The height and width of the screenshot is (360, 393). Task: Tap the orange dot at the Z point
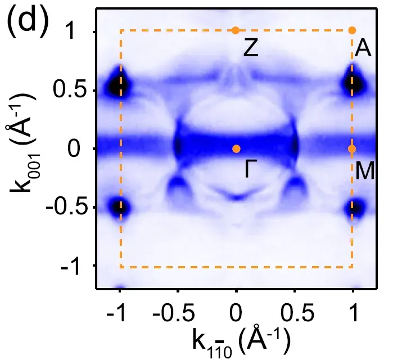coord(236,30)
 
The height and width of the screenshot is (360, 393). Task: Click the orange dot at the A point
coord(352,30)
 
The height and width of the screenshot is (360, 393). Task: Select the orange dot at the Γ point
coord(236,148)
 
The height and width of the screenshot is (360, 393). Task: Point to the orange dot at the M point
coord(352,149)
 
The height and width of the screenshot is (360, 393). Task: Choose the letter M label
coord(365,170)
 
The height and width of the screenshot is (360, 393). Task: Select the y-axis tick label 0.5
coord(67,90)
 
